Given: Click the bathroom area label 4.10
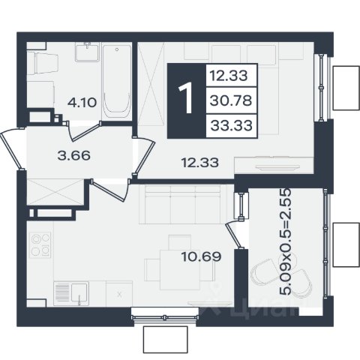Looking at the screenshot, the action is point(82,103).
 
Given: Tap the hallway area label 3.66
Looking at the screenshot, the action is point(73,156).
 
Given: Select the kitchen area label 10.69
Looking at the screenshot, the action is point(201,256).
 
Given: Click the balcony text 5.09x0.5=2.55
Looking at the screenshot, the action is point(285,241).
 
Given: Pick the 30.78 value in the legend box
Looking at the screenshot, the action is point(231,100).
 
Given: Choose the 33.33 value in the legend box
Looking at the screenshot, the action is point(231,125).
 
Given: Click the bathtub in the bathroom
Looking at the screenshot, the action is point(117,82).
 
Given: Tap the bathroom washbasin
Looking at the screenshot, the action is point(87,52).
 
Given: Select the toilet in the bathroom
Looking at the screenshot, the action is point(43,63).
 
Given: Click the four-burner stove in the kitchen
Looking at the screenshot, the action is point(40,245).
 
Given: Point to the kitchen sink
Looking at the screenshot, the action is point(71,293).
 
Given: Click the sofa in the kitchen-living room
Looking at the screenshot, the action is point(183,205).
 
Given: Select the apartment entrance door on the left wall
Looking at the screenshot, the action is point(12,149).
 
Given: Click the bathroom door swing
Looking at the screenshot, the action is point(84,130).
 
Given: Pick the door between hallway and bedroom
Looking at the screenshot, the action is point(144,156).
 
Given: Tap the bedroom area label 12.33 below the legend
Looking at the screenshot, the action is point(200,163).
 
